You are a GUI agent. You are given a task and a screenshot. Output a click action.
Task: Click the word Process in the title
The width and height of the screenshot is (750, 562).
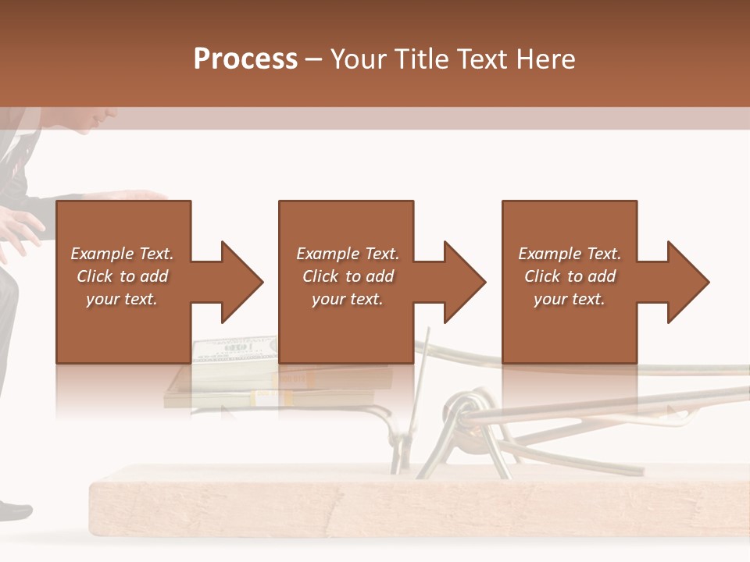click(245, 59)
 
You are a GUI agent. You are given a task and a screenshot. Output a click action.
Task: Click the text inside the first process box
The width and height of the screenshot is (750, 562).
click(123, 276)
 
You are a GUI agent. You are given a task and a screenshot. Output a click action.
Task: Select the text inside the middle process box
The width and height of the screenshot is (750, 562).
click(347, 276)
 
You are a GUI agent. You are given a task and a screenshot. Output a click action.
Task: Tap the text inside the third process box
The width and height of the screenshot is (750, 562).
click(569, 276)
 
